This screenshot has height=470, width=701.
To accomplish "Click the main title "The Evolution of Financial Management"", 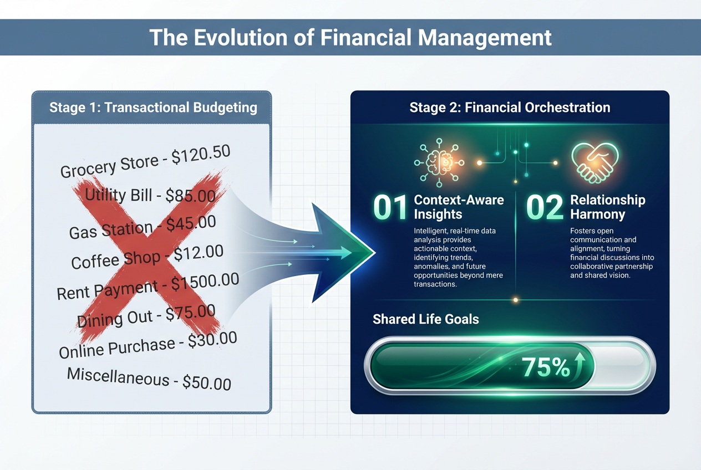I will click(350, 37).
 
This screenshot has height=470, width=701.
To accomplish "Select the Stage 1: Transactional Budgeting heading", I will click(153, 107).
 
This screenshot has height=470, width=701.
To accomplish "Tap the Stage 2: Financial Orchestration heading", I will click(510, 107).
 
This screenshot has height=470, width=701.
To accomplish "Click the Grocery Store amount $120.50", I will click(201, 155).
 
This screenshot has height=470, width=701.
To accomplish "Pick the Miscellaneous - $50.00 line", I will click(149, 379).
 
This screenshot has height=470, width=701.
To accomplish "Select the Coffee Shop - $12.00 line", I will click(147, 257).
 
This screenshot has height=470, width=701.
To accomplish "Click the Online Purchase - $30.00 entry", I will click(148, 345).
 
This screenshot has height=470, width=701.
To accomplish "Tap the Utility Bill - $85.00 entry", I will click(149, 194).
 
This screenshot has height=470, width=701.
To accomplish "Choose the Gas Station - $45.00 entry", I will click(143, 227).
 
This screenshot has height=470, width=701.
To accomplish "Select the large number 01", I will click(391, 207).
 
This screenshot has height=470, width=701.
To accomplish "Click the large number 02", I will click(545, 207).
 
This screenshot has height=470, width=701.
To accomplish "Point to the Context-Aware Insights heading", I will click(459, 207).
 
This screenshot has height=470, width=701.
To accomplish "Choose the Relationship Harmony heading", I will click(607, 207).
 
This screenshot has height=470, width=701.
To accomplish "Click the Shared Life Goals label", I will click(426, 319).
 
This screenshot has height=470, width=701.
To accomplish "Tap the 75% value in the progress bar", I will click(546, 367).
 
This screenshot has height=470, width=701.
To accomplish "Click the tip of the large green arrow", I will click(375, 253).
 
